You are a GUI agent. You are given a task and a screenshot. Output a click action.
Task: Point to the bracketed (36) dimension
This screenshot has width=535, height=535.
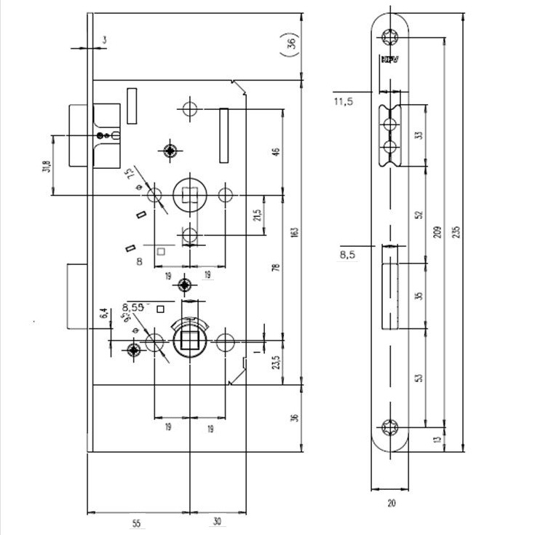290,44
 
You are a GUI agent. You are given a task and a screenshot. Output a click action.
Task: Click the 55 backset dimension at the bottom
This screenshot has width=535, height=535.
137,523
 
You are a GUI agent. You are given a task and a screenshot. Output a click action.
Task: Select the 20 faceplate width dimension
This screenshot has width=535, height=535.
392,502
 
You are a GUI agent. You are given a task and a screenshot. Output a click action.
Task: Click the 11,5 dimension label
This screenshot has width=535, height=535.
344,101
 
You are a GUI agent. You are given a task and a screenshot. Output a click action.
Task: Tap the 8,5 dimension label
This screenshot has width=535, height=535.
346,255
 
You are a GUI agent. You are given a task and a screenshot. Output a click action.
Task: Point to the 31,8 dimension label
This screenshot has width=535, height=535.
47,166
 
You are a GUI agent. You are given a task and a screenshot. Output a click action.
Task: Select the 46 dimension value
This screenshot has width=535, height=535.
276,151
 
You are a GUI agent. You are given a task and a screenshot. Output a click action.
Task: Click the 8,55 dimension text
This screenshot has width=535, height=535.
135,306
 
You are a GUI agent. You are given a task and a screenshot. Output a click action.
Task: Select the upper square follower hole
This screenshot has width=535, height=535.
191,195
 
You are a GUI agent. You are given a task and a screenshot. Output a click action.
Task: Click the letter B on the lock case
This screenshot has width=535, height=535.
138,261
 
